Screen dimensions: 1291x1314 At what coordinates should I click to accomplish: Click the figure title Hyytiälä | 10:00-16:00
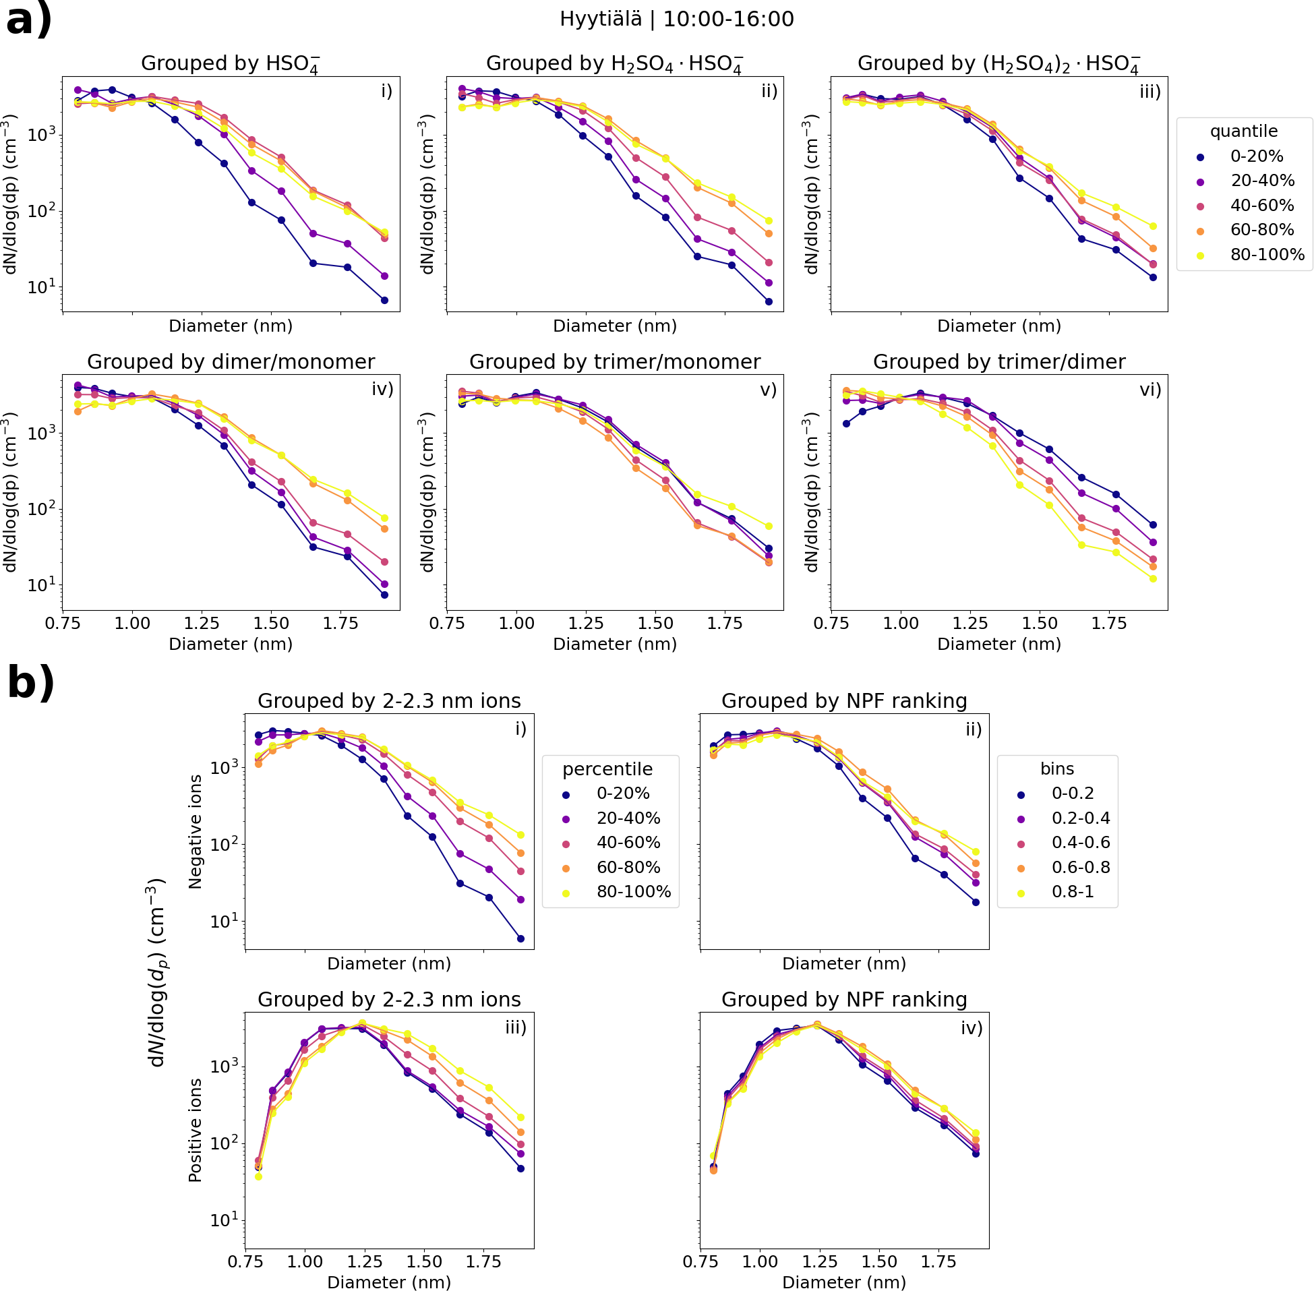pyautogui.click(x=676, y=19)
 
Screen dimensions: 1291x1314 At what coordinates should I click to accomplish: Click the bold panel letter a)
pyautogui.click(x=28, y=20)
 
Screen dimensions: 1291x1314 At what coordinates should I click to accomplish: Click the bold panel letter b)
pyautogui.click(x=30, y=682)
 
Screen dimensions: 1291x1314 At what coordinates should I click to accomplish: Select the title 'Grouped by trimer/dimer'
pyautogui.click(x=998, y=361)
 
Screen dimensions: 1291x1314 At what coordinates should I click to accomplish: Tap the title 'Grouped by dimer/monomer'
pyautogui.click(x=231, y=361)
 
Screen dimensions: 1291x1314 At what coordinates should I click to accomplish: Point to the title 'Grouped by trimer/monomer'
pyautogui.click(x=614, y=361)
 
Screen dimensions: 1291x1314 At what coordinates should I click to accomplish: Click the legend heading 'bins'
pyautogui.click(x=1057, y=769)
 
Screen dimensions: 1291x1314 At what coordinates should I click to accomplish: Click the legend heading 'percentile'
pyautogui.click(x=607, y=769)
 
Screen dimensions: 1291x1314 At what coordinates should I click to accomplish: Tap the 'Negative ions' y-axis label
pyautogui.click(x=196, y=831)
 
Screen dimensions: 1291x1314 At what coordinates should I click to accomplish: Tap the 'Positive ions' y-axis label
pyautogui.click(x=196, y=1131)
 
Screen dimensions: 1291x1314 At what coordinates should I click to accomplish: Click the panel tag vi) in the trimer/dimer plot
pyautogui.click(x=1150, y=389)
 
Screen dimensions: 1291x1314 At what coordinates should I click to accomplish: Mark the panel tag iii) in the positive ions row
pyautogui.click(x=515, y=1027)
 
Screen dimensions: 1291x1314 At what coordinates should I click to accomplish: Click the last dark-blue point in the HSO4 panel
pyautogui.click(x=384, y=300)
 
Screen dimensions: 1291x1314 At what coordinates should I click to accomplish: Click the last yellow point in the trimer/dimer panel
pyautogui.click(x=1153, y=578)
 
